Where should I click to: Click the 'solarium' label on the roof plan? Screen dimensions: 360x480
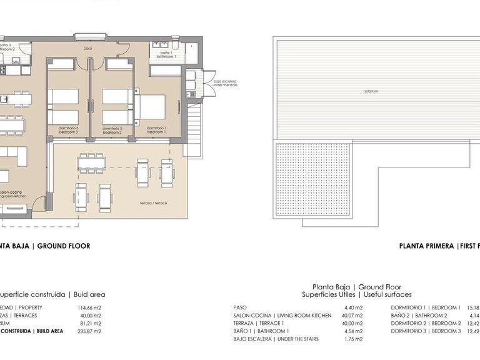[372, 91]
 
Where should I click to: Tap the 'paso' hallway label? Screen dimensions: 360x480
[89, 48]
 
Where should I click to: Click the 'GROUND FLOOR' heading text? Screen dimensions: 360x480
[64, 246]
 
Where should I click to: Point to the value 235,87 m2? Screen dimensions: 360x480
[89, 331]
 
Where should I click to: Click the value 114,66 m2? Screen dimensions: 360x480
[89, 307]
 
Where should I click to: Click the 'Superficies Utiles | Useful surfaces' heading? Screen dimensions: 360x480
[357, 294]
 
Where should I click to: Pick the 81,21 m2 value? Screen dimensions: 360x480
[90, 323]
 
